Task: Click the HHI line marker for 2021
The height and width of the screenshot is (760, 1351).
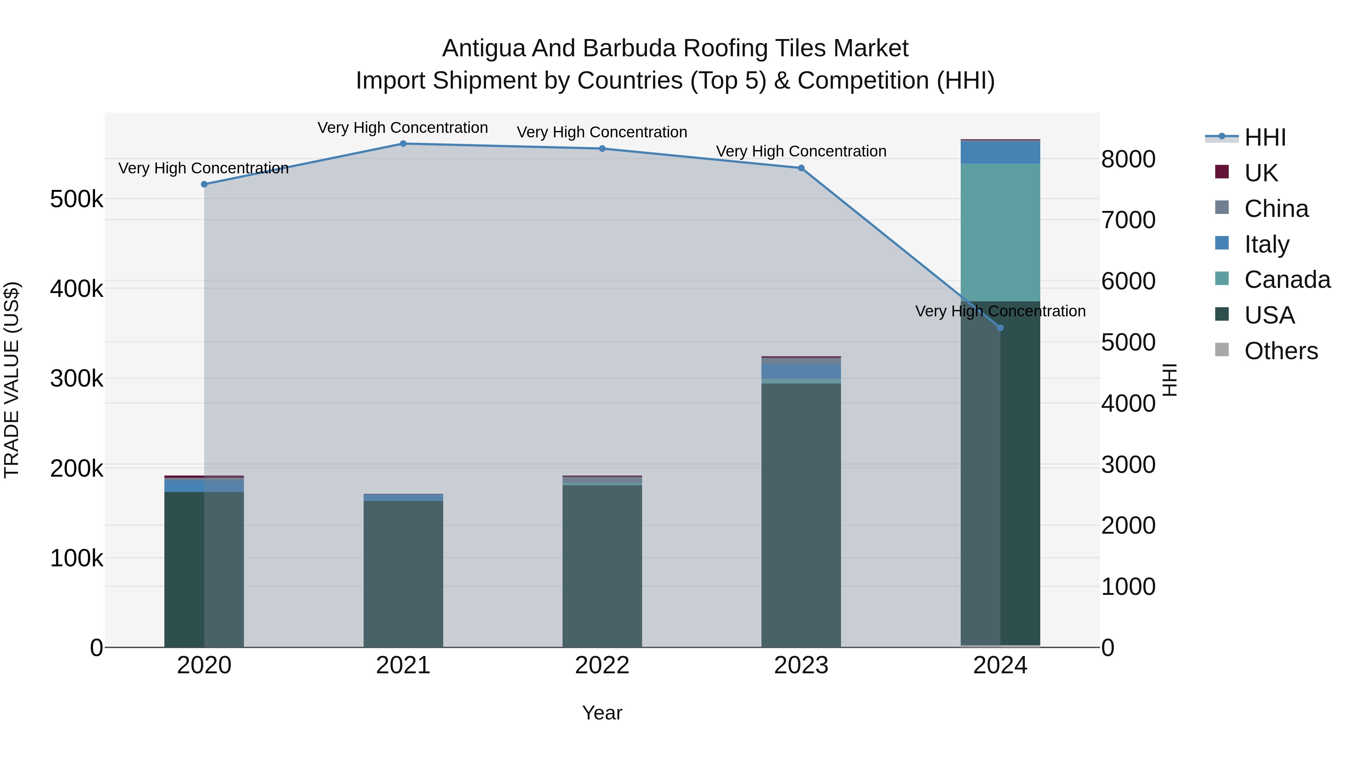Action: coord(403,144)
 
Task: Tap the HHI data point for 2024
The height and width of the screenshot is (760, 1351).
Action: coord(1000,328)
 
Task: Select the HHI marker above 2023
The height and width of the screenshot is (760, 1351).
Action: coord(801,169)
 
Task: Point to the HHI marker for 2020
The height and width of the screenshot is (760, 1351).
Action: coord(204,184)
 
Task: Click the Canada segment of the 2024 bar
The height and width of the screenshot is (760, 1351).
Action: coord(1000,232)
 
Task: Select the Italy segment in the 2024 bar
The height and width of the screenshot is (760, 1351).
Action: coord(1000,153)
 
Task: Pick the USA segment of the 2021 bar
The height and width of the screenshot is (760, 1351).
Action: coord(403,574)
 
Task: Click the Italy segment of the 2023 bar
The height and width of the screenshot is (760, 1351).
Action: coord(801,371)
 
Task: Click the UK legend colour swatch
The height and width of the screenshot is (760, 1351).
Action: coord(1222,172)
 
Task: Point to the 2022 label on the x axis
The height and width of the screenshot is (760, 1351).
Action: coord(602,665)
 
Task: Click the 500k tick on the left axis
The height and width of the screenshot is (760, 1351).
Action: coord(77,199)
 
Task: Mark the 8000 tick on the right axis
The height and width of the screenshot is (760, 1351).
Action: coord(1128,159)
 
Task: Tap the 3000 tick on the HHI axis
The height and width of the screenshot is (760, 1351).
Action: coord(1128,465)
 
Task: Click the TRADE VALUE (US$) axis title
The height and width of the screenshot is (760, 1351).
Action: coord(12,380)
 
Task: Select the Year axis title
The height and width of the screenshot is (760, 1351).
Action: coord(602,713)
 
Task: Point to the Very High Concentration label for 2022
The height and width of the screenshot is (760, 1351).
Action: coord(602,132)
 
